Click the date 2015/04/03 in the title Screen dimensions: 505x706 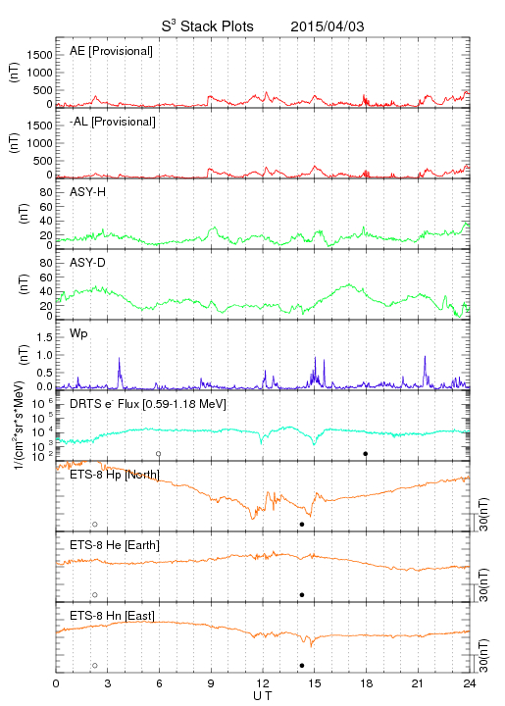(x=328, y=26)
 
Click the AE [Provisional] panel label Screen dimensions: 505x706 (x=111, y=51)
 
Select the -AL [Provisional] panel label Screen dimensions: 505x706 (x=113, y=122)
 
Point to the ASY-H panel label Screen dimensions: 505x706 (x=88, y=192)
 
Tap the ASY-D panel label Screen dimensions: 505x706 (x=88, y=263)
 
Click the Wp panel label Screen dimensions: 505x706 (x=78, y=334)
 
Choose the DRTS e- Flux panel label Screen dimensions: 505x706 (x=148, y=404)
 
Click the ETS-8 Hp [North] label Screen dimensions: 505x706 (x=115, y=475)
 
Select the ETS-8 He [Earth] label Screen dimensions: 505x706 (x=115, y=545)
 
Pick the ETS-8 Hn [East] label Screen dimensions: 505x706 (x=112, y=616)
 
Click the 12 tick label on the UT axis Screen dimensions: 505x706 (x=263, y=683)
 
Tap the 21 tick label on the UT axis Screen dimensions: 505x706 (x=418, y=683)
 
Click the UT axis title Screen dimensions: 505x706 (x=263, y=696)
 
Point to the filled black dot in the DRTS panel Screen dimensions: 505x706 (x=366, y=454)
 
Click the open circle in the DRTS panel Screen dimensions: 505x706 (x=159, y=454)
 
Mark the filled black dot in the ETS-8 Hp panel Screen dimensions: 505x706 (x=302, y=524)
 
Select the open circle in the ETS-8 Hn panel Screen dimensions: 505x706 (x=95, y=666)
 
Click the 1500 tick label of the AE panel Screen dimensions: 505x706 (x=39, y=55)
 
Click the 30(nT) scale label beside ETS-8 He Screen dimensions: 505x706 (x=483, y=584)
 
